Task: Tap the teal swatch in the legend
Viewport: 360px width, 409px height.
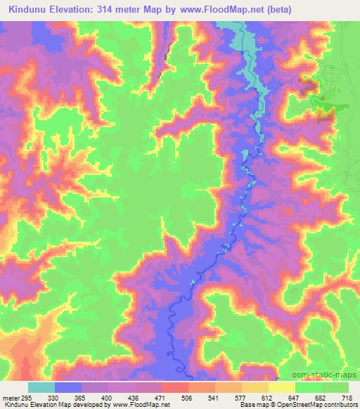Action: coord(41,387)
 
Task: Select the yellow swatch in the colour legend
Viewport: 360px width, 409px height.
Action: coord(281,387)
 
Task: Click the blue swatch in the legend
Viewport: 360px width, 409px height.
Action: coord(67,387)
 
